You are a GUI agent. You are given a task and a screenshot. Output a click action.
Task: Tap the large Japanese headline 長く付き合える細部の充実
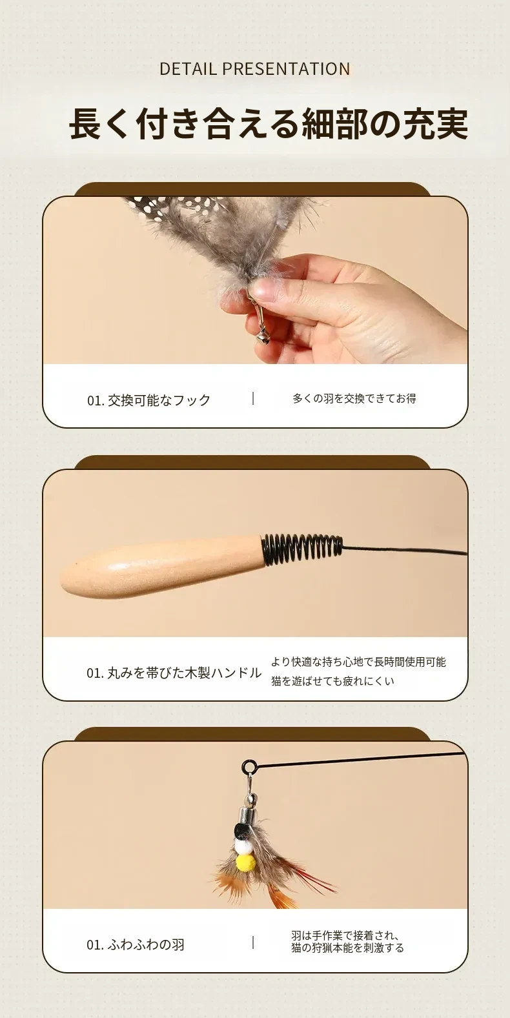coord(268,123)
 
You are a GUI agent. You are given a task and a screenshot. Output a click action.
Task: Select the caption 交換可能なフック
coord(159,400)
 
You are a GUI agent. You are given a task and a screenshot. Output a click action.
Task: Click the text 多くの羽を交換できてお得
coord(354,398)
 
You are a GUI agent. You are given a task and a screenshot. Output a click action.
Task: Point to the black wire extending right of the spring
coord(405,551)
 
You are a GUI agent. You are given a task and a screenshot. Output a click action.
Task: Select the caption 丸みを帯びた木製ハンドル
coord(184,673)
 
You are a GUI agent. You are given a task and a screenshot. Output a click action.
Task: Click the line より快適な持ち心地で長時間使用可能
coord(358,662)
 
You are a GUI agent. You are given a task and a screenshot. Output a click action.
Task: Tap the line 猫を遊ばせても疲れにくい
coord(332,681)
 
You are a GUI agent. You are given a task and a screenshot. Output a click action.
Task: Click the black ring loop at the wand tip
coord(249,767)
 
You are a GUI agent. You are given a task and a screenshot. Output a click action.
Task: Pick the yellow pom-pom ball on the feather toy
coord(246,862)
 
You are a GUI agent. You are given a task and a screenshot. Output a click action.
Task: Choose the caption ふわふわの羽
coord(146,945)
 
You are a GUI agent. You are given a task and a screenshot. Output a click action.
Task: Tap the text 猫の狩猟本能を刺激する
coord(348,948)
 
